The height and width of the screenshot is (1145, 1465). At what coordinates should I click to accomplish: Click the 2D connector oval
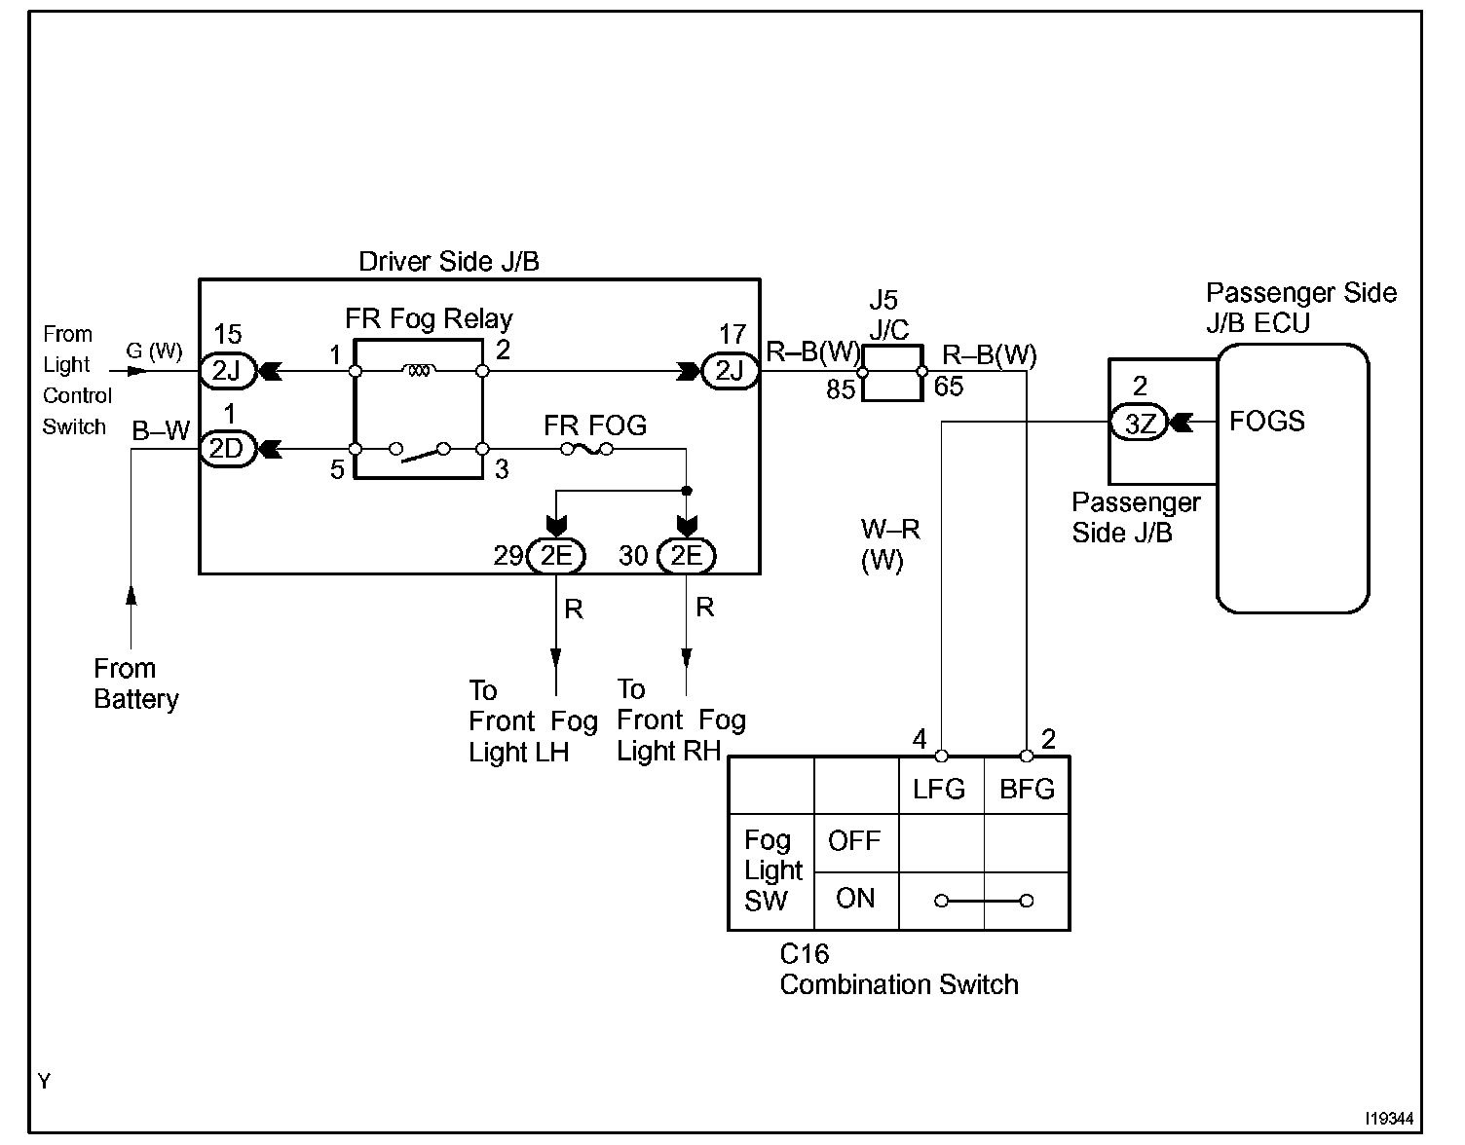pyautogui.click(x=226, y=449)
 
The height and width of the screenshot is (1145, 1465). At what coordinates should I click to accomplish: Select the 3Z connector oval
pyautogui.click(x=1139, y=424)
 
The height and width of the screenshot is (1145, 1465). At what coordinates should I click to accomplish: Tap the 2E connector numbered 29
pyautogui.click(x=555, y=556)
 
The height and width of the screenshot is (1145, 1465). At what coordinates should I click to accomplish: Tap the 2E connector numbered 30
pyautogui.click(x=687, y=556)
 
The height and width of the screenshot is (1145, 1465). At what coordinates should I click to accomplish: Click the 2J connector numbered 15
pyautogui.click(x=226, y=371)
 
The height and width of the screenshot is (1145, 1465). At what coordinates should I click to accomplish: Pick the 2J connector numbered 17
pyautogui.click(x=730, y=371)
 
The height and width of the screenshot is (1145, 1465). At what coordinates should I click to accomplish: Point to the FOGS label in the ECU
pyautogui.click(x=1266, y=422)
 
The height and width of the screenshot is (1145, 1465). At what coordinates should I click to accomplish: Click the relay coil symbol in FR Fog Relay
pyautogui.click(x=418, y=371)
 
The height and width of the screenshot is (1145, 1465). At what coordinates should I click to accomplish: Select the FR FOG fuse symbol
pyautogui.click(x=585, y=449)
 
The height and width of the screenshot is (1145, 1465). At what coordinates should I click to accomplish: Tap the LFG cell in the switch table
pyautogui.click(x=940, y=788)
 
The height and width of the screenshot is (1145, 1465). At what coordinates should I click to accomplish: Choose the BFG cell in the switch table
pyautogui.click(x=1027, y=788)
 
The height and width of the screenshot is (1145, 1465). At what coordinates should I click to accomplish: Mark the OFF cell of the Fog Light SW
pyautogui.click(x=854, y=841)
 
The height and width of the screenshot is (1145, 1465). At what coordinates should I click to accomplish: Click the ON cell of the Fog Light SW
pyautogui.click(x=854, y=899)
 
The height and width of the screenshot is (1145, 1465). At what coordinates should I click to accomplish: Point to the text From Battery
pyautogui.click(x=135, y=684)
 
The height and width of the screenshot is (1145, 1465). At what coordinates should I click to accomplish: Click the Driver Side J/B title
pyautogui.click(x=448, y=261)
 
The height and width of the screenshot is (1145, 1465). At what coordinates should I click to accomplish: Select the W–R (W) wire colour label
pyautogui.click(x=889, y=545)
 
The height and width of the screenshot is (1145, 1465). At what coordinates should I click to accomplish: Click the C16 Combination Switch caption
pyautogui.click(x=898, y=971)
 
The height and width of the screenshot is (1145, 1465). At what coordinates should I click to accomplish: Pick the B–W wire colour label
pyautogui.click(x=161, y=431)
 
